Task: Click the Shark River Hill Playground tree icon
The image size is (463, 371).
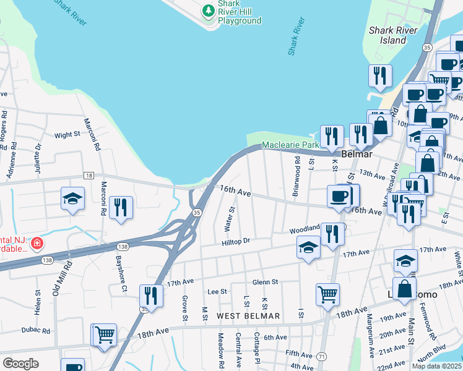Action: point(208,11)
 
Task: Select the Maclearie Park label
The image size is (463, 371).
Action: point(290,145)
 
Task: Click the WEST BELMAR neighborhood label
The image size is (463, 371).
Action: point(248,316)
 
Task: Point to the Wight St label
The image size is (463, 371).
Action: point(67,134)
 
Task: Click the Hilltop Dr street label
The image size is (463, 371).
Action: point(236,241)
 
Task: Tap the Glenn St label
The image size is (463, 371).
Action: point(265,281)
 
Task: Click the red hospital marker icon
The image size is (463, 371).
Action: point(38,244)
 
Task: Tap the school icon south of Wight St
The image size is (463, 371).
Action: point(72,199)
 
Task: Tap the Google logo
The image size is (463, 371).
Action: point(21,364)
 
